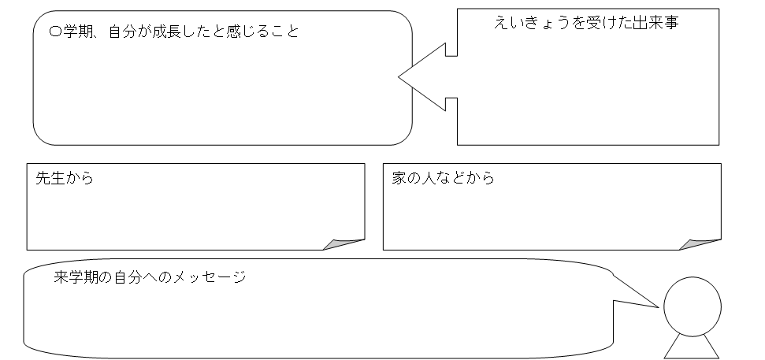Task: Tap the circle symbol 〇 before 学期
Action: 54,33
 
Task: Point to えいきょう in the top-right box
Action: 530,23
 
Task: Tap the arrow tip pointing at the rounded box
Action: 401,77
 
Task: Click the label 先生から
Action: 65,178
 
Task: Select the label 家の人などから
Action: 443,178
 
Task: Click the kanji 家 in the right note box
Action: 399,178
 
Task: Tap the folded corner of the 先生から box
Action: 349,243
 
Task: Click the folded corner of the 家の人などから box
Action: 705,243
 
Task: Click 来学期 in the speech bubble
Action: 79,277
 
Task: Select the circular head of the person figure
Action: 693,306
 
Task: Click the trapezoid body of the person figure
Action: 693,347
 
